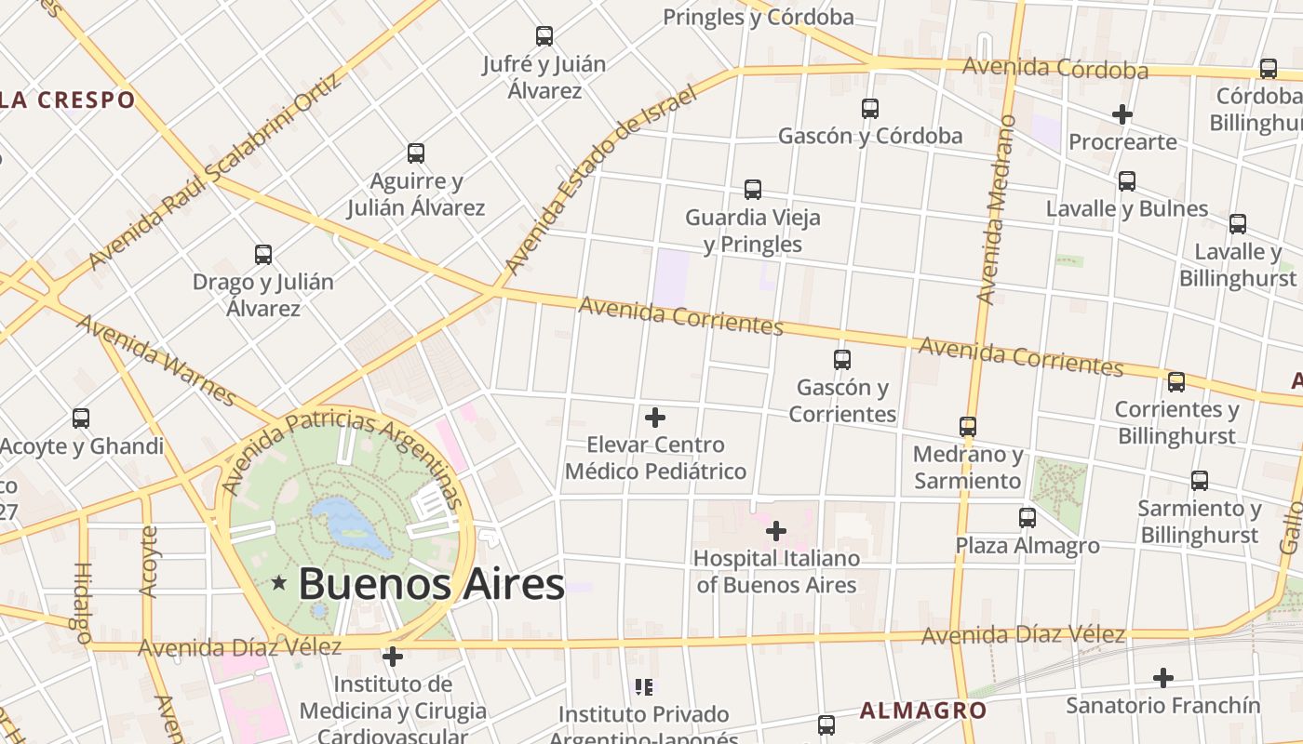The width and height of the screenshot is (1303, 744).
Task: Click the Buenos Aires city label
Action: (431, 584)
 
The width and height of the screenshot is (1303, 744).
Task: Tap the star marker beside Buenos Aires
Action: (278, 583)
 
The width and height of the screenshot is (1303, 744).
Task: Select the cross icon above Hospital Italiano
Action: (776, 531)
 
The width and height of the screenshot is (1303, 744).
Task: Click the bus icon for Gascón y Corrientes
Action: (842, 359)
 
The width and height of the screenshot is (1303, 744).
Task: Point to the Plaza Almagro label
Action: (1028, 546)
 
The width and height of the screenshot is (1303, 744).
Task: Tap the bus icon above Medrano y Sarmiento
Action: (968, 427)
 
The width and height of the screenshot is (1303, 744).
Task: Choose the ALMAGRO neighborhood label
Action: (922, 711)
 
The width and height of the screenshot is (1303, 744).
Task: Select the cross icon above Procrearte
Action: (1122, 114)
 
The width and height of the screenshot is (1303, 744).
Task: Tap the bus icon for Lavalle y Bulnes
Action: (1127, 181)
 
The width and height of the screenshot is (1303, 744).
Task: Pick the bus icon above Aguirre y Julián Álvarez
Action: (416, 153)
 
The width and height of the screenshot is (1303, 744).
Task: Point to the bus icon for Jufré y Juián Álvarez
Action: (544, 36)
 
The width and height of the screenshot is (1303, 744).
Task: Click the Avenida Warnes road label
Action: (156, 360)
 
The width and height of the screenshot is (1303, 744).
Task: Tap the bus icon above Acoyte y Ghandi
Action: (81, 418)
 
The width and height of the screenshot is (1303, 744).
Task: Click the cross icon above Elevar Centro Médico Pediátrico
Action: (655, 418)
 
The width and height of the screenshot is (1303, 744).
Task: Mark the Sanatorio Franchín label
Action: (1162, 705)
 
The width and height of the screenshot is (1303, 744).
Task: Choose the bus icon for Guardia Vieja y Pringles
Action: (753, 190)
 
